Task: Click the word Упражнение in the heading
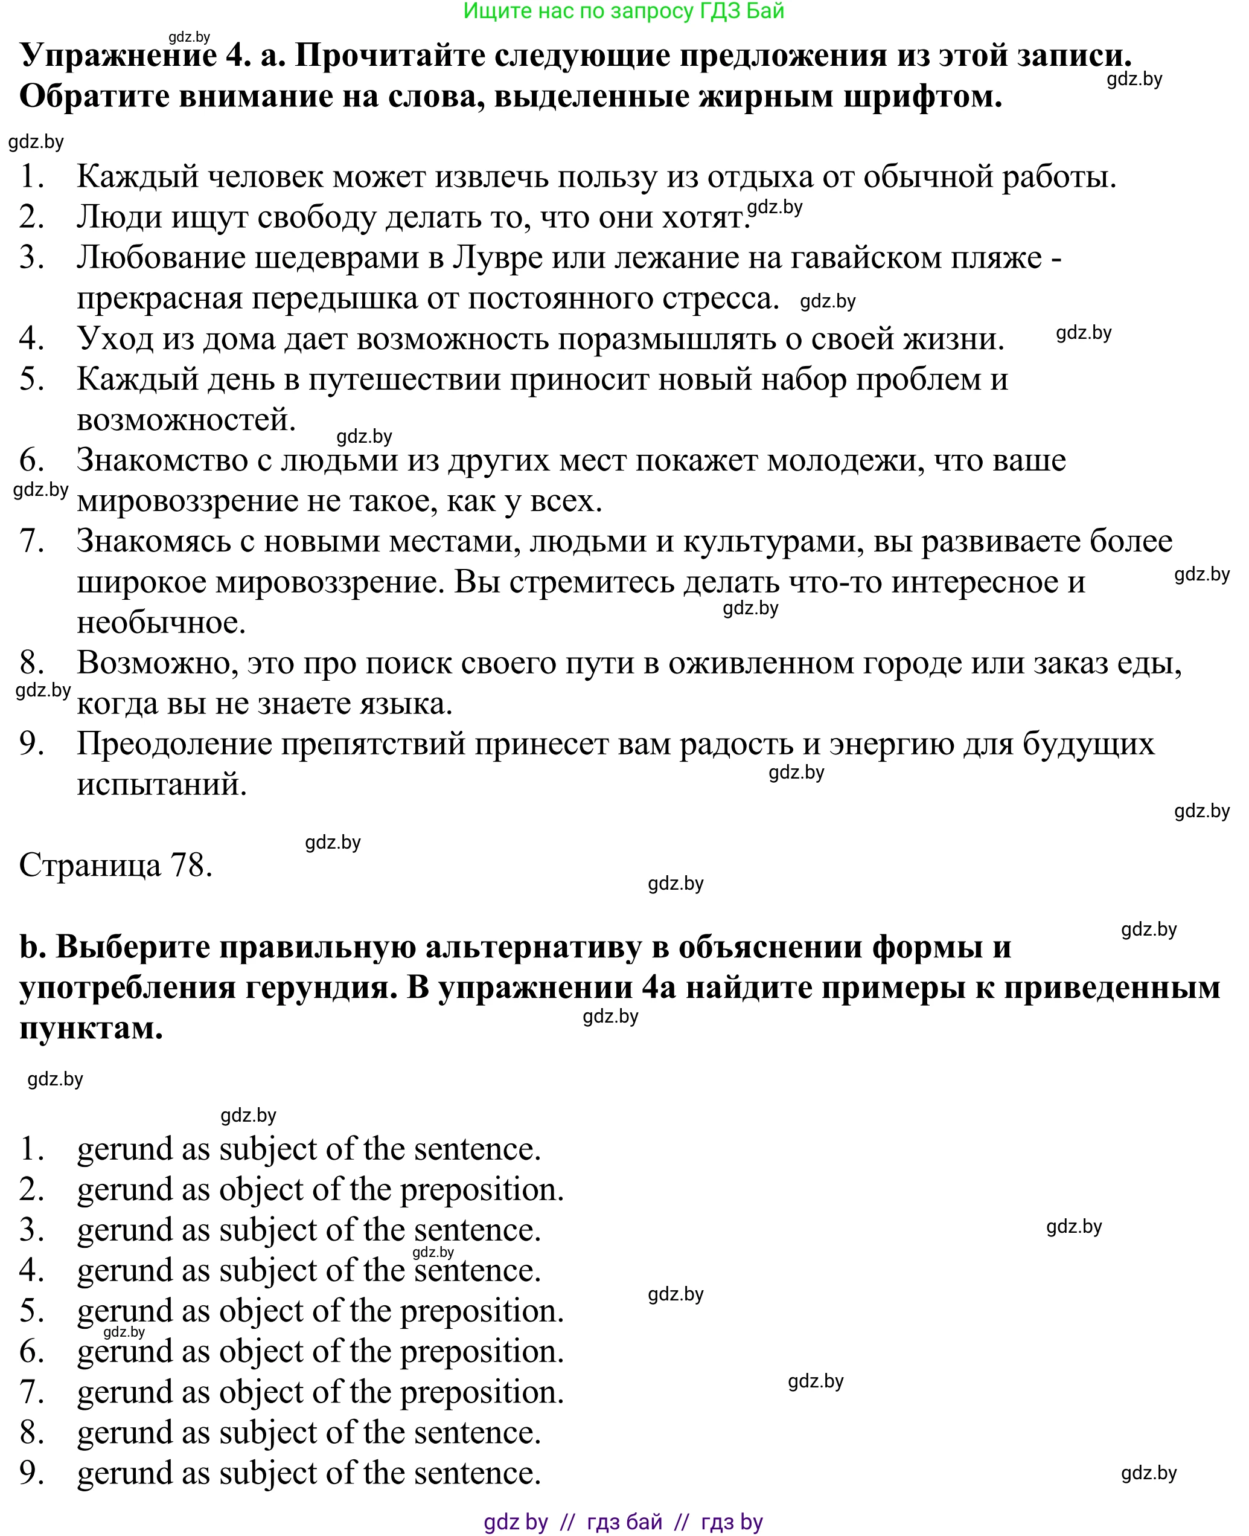[x=118, y=55]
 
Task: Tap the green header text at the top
[x=623, y=11]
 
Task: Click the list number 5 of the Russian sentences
[x=31, y=379]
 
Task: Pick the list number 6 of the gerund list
[x=31, y=1351]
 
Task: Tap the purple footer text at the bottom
[x=623, y=1522]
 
